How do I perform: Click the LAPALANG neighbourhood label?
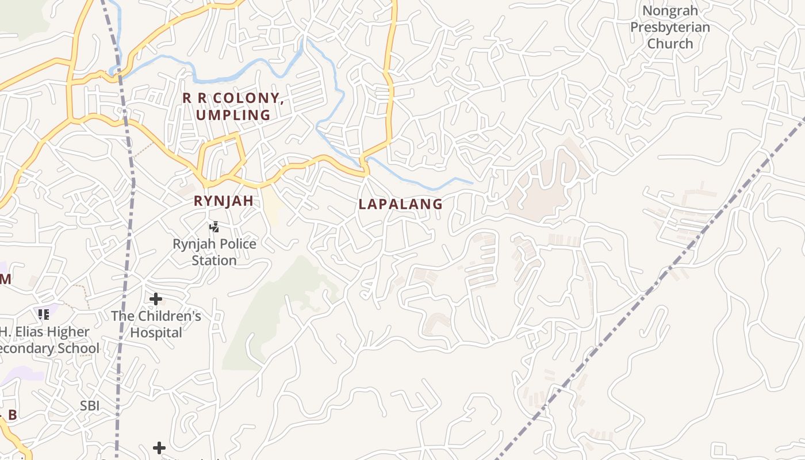[x=400, y=204]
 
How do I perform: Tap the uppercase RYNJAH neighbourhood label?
[x=224, y=201]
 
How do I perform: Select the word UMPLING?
[x=233, y=115]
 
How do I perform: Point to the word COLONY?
[x=247, y=98]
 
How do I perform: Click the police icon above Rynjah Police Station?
[x=214, y=227]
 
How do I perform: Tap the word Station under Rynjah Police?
[x=214, y=260]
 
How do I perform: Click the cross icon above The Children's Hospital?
[x=155, y=299]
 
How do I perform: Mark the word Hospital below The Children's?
[x=156, y=332]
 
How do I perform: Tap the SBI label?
[x=90, y=405]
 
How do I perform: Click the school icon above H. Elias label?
[x=44, y=315]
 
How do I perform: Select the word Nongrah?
[x=670, y=11]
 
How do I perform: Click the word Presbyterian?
[x=670, y=27]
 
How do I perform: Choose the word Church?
[x=670, y=44]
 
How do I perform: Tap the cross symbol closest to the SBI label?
[x=159, y=447]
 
